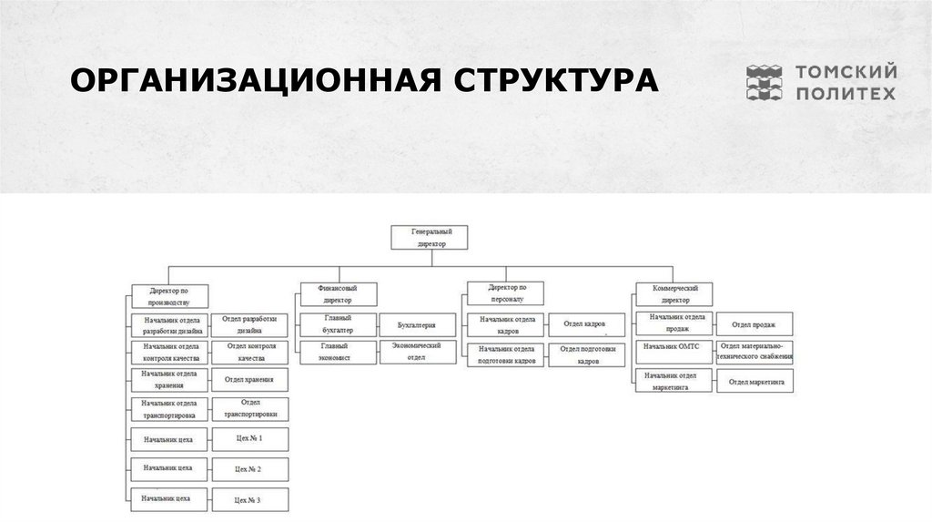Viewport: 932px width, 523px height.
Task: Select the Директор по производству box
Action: pos(170,295)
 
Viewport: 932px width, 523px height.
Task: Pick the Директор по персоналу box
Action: pos(505,292)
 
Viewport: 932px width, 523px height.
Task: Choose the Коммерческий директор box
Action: pos(674,293)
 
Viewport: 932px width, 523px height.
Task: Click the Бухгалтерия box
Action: pos(416,324)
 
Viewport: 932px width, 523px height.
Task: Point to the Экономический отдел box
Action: pos(416,352)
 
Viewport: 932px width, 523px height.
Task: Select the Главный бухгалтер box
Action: pos(338,324)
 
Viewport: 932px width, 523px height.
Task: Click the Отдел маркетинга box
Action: pos(755,382)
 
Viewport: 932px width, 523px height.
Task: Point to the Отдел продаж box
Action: pos(755,323)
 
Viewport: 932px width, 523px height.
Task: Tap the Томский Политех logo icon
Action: pos(765,82)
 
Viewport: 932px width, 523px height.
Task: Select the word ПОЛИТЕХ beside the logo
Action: pos(846,93)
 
